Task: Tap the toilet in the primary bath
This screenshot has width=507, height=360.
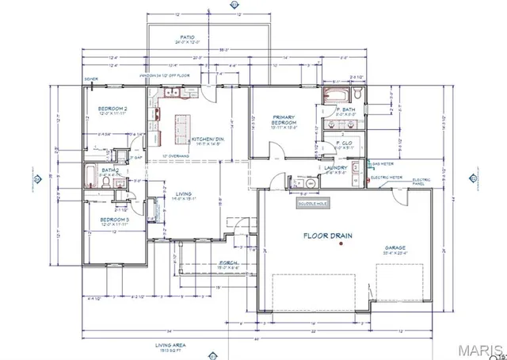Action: pos(358,96)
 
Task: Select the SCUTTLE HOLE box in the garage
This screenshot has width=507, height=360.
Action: pos(311,203)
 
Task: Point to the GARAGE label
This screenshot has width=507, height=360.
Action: pos(395,248)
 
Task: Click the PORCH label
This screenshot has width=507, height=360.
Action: pos(205,264)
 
